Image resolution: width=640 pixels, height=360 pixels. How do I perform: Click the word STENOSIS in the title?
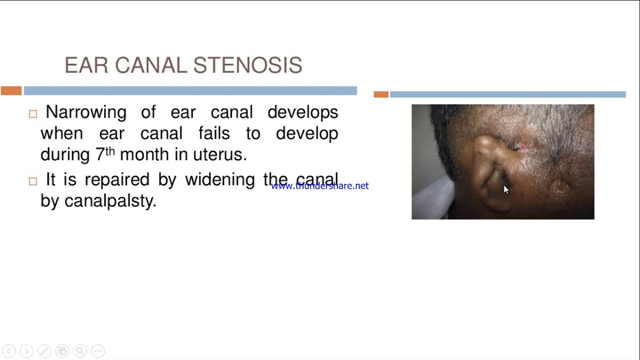click(x=247, y=65)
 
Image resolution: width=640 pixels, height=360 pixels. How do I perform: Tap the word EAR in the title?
click(x=86, y=65)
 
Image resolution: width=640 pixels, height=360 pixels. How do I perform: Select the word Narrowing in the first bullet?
click(x=85, y=112)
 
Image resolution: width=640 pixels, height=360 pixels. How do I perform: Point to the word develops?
click(x=302, y=112)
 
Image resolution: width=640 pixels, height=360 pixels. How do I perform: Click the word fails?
click(x=214, y=133)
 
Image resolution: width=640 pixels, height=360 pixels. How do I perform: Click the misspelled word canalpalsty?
click(x=110, y=201)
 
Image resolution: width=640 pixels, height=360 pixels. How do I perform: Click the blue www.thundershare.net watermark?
click(x=320, y=186)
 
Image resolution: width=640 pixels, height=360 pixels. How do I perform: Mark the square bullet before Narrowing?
click(x=33, y=114)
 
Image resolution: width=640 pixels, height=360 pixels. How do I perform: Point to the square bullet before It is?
click(x=33, y=181)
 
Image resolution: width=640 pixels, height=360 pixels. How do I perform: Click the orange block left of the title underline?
click(x=11, y=90)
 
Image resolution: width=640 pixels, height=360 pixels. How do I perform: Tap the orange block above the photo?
click(x=381, y=94)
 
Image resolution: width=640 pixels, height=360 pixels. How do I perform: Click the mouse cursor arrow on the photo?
click(x=505, y=189)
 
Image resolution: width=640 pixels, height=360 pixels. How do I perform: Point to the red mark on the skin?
click(x=523, y=147)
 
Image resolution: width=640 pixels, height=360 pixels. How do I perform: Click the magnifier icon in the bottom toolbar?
click(x=79, y=351)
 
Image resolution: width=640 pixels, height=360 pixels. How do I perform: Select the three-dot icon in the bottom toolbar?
click(x=98, y=351)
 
